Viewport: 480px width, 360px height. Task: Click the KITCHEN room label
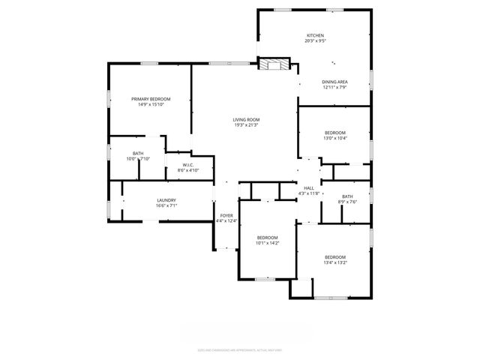click(x=315, y=36)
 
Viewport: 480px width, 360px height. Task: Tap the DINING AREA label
click(x=334, y=82)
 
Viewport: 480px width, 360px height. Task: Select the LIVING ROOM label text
click(x=245, y=119)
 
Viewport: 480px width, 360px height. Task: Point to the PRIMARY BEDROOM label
click(x=150, y=99)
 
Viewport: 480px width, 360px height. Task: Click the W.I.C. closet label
click(x=188, y=165)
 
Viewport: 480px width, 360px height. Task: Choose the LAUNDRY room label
click(x=166, y=200)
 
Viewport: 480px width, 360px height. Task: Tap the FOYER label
click(x=226, y=215)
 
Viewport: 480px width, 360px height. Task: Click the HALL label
click(x=309, y=188)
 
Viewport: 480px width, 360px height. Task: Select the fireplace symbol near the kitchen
click(x=273, y=64)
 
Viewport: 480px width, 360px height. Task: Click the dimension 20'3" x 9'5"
click(x=315, y=42)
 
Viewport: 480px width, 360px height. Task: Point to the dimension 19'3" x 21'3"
click(x=245, y=125)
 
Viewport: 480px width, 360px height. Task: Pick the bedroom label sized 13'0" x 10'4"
click(x=334, y=133)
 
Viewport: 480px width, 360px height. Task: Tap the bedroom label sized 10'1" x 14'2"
click(x=267, y=238)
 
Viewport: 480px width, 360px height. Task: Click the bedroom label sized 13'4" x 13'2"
click(x=334, y=257)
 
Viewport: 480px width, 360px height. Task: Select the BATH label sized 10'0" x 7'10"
click(x=138, y=153)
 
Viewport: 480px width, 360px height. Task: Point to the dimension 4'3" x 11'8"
click(x=309, y=193)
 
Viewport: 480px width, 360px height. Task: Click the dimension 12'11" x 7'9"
click(x=334, y=88)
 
